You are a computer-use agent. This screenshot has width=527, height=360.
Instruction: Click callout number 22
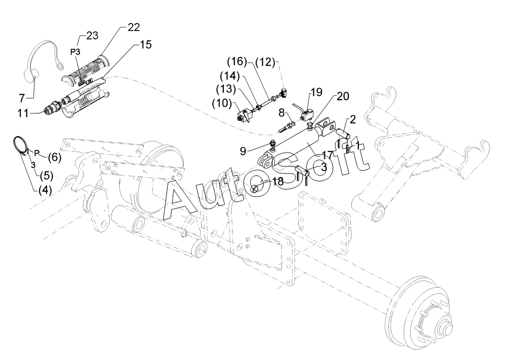pyautogui.click(x=133, y=27)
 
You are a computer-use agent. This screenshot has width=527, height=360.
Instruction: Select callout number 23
pyautogui.click(x=92, y=35)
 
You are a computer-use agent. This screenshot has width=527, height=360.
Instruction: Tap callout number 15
pyautogui.click(x=146, y=44)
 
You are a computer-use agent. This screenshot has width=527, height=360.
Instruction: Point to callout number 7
pyautogui.click(x=22, y=98)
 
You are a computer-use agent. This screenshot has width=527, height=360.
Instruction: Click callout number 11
pyautogui.click(x=23, y=114)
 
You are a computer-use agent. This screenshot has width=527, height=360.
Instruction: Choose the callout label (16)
pyautogui.click(x=237, y=62)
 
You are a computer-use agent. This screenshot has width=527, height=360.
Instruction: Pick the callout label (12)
pyautogui.click(x=265, y=62)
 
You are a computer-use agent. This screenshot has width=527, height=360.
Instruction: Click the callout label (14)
pyautogui.click(x=230, y=76)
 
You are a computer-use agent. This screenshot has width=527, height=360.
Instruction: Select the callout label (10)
pyautogui.click(x=222, y=103)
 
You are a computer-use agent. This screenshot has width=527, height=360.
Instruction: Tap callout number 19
pyautogui.click(x=316, y=92)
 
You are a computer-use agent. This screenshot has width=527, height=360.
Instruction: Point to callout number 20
pyautogui.click(x=343, y=96)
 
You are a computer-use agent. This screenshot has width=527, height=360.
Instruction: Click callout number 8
pyautogui.click(x=281, y=112)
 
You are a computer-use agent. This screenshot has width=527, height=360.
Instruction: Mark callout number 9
pyautogui.click(x=243, y=151)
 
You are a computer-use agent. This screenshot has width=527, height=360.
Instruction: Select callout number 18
pyautogui.click(x=278, y=181)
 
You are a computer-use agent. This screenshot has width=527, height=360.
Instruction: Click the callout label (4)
pyautogui.click(x=45, y=190)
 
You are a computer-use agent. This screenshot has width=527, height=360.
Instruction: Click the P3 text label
pyautogui.click(x=75, y=52)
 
